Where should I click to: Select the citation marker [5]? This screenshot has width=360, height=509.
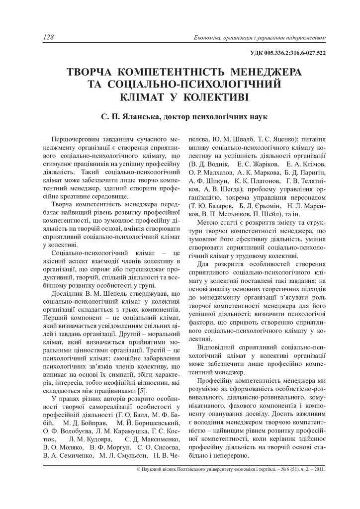pos(141,392)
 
